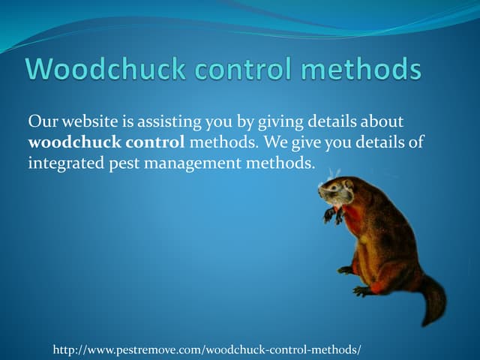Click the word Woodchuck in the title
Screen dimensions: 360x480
click(104, 70)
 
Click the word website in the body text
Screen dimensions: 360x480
click(87, 121)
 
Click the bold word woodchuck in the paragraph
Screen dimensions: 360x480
click(67, 142)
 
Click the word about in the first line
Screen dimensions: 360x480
click(383, 121)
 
